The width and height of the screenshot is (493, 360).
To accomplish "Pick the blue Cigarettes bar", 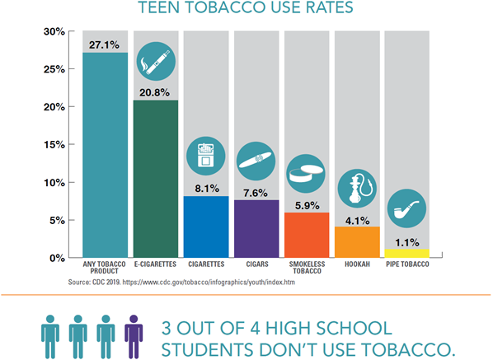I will [206, 227].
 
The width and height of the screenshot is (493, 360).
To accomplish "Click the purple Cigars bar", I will [256, 228].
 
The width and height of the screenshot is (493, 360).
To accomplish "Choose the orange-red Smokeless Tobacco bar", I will [307, 235].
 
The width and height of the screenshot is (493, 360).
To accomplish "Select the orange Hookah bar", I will [357, 241].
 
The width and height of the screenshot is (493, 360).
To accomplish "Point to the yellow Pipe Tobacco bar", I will [407, 253].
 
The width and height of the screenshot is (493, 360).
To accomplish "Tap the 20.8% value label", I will [156, 91].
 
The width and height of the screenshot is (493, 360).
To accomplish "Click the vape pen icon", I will [156, 60].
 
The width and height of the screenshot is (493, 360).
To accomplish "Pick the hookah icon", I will [357, 187].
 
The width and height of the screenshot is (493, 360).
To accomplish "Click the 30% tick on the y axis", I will [54, 32].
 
